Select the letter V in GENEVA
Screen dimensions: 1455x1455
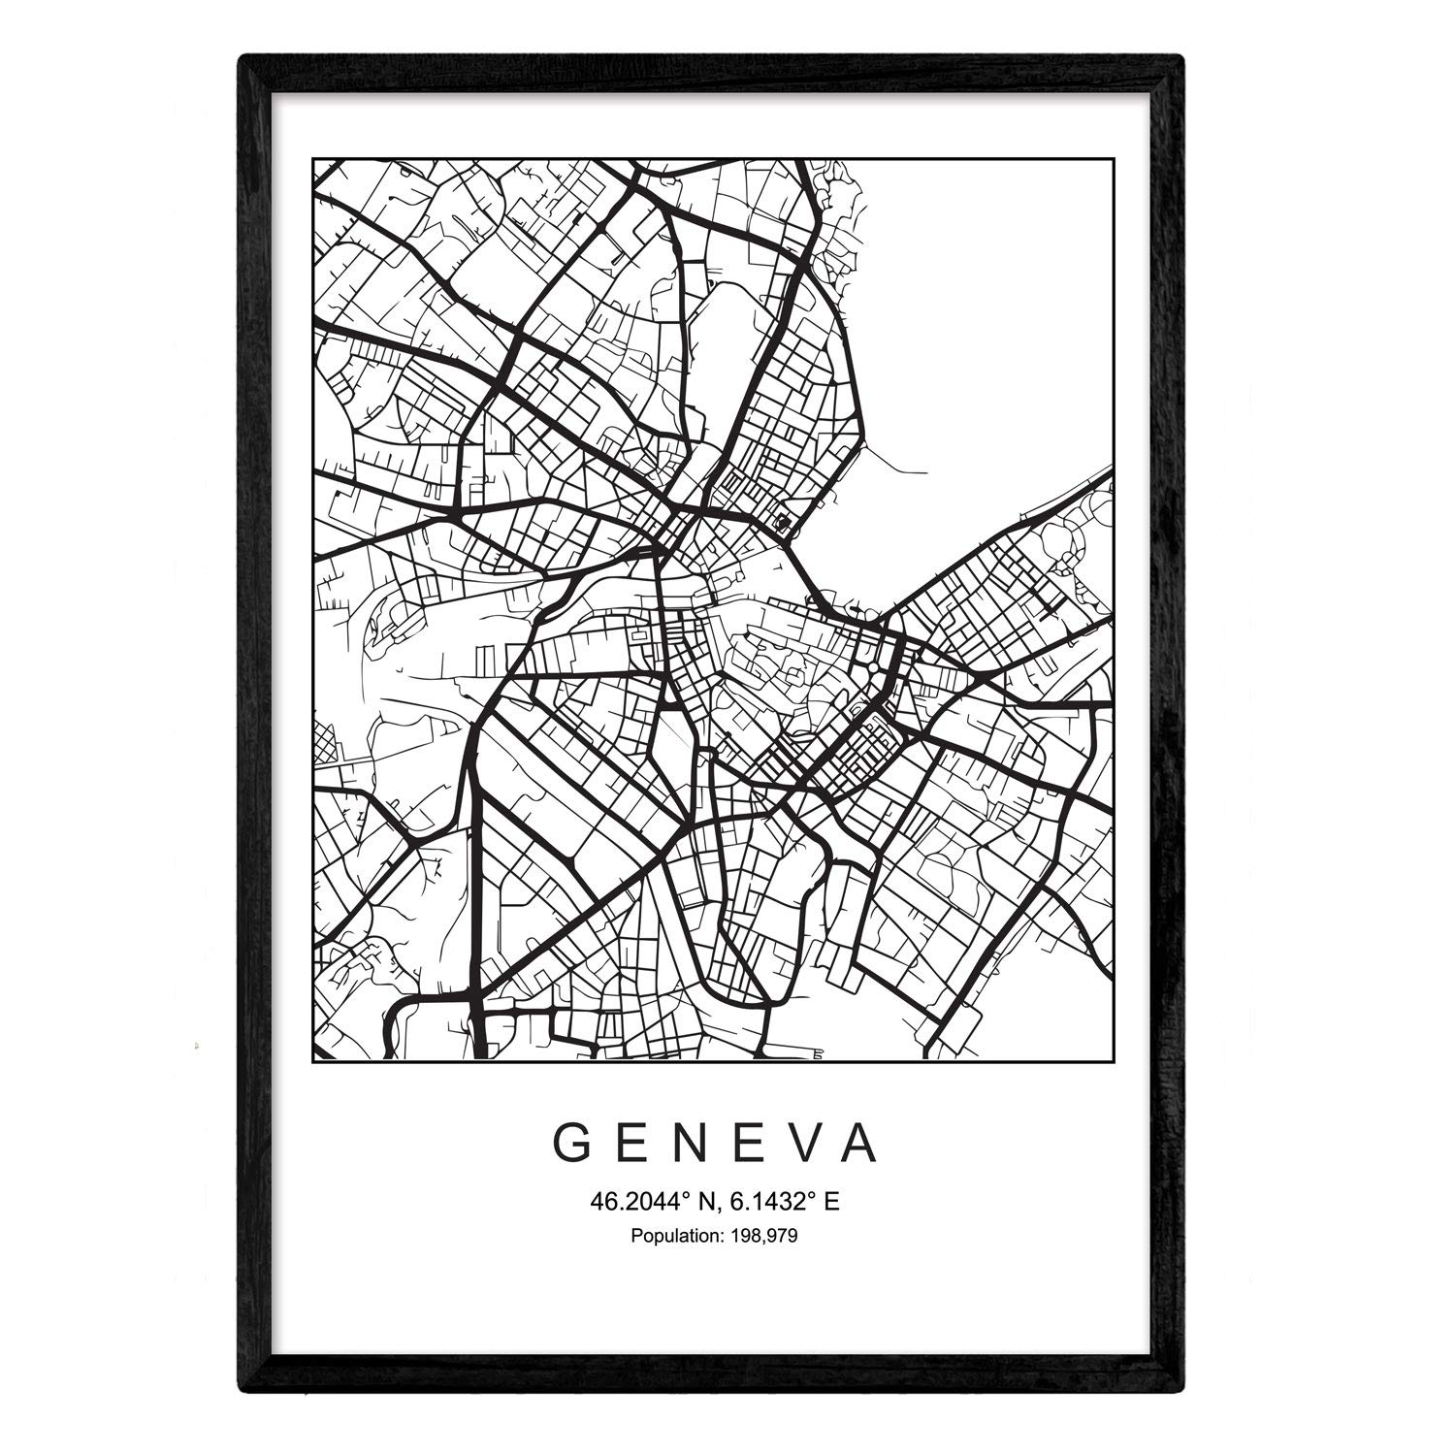tap(804, 1145)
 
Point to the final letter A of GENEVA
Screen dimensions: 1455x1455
tap(861, 1145)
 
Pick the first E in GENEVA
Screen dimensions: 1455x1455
tap(636, 1145)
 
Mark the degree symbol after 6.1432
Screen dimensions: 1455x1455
tap(813, 1197)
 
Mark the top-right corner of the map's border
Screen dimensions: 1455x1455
tap(1112, 159)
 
